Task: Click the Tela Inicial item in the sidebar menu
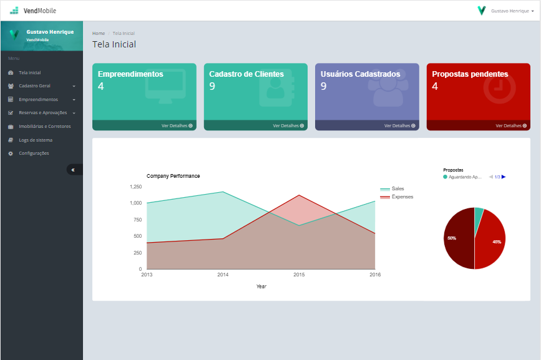point(29,73)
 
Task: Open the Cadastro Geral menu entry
point(34,86)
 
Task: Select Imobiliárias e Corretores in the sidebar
point(44,126)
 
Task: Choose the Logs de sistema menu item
point(36,140)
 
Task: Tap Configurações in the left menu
point(34,153)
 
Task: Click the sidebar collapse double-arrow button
point(73,170)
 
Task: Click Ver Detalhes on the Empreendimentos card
point(177,125)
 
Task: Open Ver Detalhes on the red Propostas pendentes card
point(511,125)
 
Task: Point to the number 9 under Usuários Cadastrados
point(323,86)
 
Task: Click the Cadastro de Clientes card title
point(246,74)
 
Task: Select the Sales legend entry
point(397,188)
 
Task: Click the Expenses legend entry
point(402,197)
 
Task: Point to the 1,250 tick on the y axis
point(135,187)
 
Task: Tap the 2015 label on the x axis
point(299,275)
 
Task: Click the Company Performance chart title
point(173,176)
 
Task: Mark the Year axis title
point(261,286)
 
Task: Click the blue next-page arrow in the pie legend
point(504,177)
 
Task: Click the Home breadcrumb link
point(99,33)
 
